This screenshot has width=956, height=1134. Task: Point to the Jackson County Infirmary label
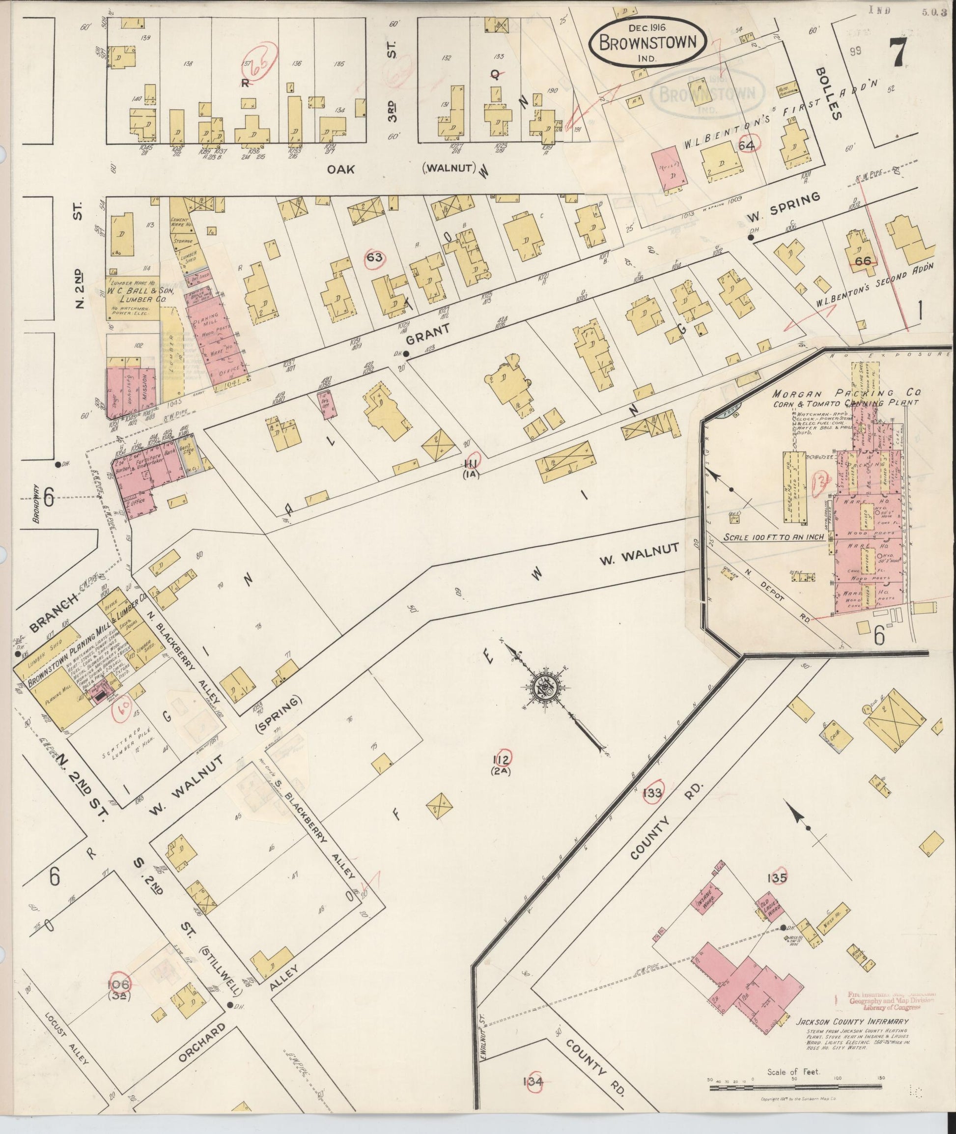(851, 1022)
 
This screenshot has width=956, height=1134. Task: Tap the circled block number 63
(374, 257)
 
